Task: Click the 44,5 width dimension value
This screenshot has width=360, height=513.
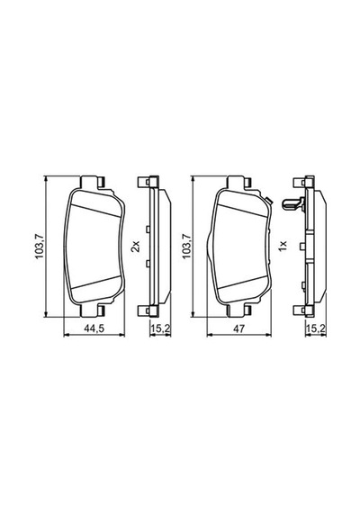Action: tap(94, 328)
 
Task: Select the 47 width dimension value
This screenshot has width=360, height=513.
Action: tap(238, 328)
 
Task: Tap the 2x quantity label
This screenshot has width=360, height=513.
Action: tap(136, 246)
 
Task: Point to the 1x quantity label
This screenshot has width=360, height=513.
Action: tap(282, 246)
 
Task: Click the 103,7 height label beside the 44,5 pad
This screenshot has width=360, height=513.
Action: tap(40, 247)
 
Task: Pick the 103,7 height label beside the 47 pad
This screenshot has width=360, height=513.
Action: tap(186, 247)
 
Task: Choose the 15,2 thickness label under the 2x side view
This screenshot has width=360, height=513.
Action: tap(160, 328)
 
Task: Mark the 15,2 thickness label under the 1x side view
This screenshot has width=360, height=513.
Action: tap(316, 328)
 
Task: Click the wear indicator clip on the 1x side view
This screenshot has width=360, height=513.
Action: tap(292, 204)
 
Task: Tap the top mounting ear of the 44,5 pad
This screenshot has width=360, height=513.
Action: tap(93, 182)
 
